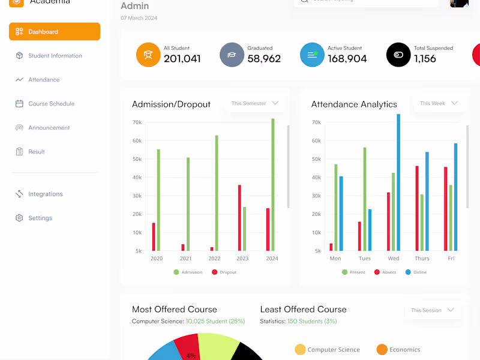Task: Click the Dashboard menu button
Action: click(54, 32)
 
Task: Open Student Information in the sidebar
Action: click(55, 56)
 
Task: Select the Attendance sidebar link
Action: click(44, 80)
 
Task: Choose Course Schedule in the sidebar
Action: click(51, 104)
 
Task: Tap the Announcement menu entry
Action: click(49, 128)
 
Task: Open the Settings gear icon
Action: click(19, 218)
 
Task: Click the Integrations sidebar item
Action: click(45, 194)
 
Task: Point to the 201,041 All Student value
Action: click(182, 59)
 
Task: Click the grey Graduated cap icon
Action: click(232, 55)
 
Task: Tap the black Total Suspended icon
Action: click(398, 55)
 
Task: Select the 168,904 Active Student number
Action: click(347, 59)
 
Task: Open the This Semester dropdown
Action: click(255, 103)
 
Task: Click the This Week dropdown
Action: click(439, 103)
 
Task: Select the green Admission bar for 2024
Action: click(273, 185)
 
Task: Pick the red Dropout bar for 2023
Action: click(239, 218)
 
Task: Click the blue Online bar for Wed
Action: click(398, 182)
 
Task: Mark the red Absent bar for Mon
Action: click(331, 247)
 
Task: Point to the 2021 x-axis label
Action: click(185, 259)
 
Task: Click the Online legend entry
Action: click(416, 272)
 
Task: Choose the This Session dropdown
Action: click(432, 310)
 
